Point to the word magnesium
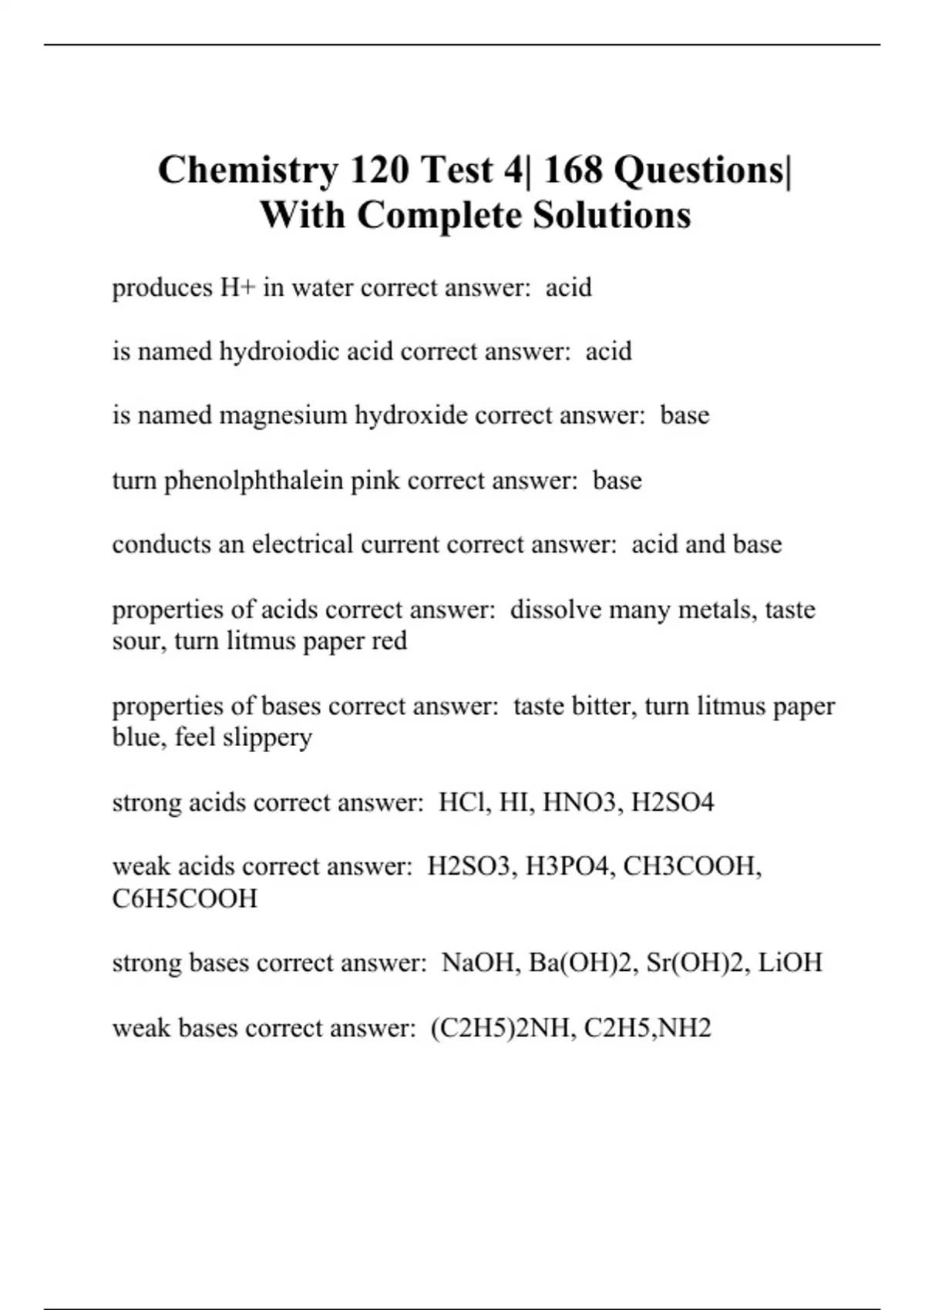(x=283, y=416)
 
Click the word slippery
(x=267, y=737)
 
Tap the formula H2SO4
(x=672, y=802)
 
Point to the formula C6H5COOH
(x=185, y=899)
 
